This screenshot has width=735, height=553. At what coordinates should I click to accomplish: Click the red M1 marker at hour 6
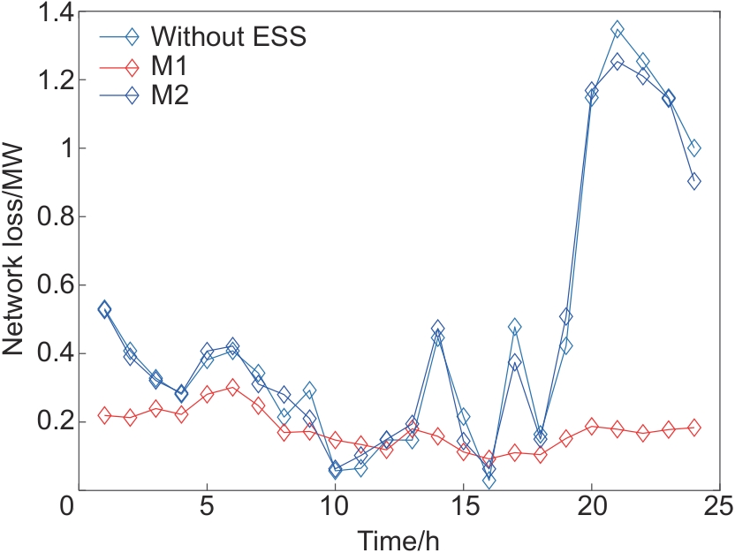232,387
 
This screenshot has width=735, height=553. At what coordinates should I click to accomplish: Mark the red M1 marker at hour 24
694,428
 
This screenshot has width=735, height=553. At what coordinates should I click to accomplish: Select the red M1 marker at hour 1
104,415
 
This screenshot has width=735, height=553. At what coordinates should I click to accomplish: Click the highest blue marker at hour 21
618,30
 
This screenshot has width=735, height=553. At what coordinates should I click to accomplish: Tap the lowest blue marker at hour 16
489,481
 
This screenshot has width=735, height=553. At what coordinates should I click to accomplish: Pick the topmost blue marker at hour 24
694,148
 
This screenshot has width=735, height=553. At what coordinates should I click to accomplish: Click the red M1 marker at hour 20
592,426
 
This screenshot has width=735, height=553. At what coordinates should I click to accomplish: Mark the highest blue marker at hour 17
514,327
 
